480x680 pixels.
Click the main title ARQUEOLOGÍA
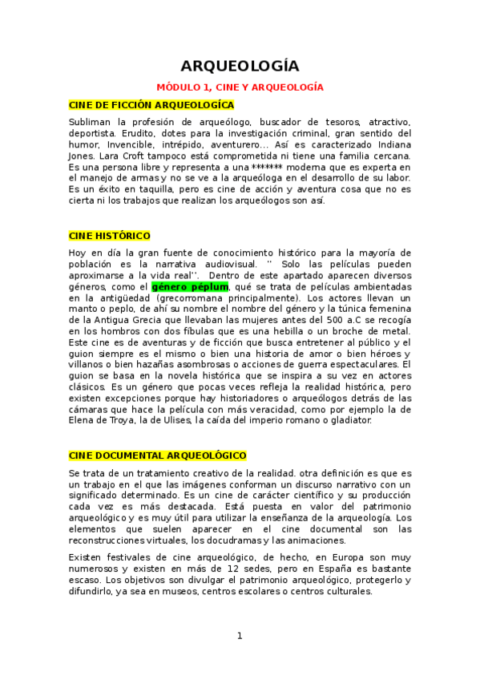tap(240, 66)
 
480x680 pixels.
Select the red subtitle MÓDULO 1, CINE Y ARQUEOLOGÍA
tap(240, 87)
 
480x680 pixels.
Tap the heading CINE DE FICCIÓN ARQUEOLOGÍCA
tap(151, 105)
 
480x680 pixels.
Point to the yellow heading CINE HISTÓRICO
tap(110, 236)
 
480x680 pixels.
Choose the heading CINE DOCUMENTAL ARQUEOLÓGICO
tap(158, 455)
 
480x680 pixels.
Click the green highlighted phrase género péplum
tap(190, 286)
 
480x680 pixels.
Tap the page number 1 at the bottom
tap(240, 636)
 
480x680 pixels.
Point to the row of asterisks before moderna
tap(234, 167)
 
